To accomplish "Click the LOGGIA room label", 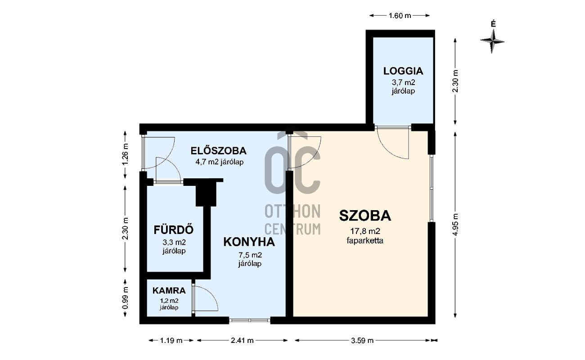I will tap(403, 71).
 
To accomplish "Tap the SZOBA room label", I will tap(365, 216).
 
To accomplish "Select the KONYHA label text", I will tap(249, 242).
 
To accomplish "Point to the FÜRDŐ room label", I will tap(174, 229).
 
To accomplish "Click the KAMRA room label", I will tap(169, 291).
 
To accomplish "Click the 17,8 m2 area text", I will tap(365, 232).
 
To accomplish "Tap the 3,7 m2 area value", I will tap(403, 82).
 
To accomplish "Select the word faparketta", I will tap(365, 241).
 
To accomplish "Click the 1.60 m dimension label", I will tap(400, 15).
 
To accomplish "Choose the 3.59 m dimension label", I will tap(363, 340).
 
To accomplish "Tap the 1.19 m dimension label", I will tap(171, 340).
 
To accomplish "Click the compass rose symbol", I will tap(493, 41).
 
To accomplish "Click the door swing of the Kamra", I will tap(205, 299).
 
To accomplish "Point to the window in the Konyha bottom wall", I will tap(249, 320).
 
